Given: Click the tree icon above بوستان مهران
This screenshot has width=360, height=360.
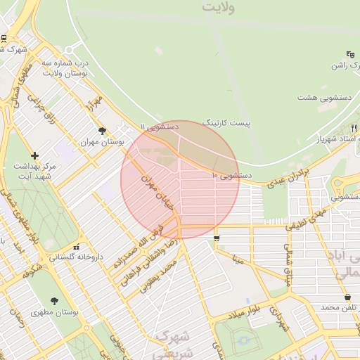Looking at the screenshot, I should coord(102,130).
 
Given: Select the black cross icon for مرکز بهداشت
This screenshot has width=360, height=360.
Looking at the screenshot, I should coord(34,155).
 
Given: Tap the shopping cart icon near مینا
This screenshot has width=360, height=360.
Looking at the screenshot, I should coord(216,238).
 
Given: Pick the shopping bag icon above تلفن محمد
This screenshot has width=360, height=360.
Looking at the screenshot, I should coord(348,297).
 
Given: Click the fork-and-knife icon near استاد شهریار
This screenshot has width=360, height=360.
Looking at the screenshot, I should coord(353,127).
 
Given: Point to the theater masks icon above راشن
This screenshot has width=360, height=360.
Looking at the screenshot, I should coord(350,54).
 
